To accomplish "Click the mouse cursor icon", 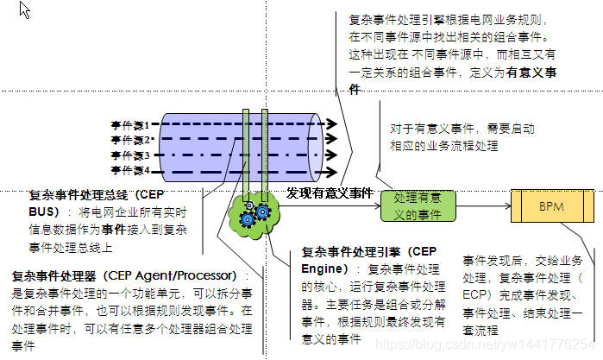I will pyautogui.click(x=24, y=10).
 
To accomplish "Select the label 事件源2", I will pyautogui.click(x=131, y=140).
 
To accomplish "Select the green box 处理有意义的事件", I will pyautogui.click(x=418, y=206).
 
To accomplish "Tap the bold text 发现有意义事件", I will pyautogui.click(x=330, y=193).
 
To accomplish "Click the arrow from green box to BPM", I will pyautogui.click(x=482, y=207).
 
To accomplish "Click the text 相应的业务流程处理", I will pyautogui.click(x=444, y=146).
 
